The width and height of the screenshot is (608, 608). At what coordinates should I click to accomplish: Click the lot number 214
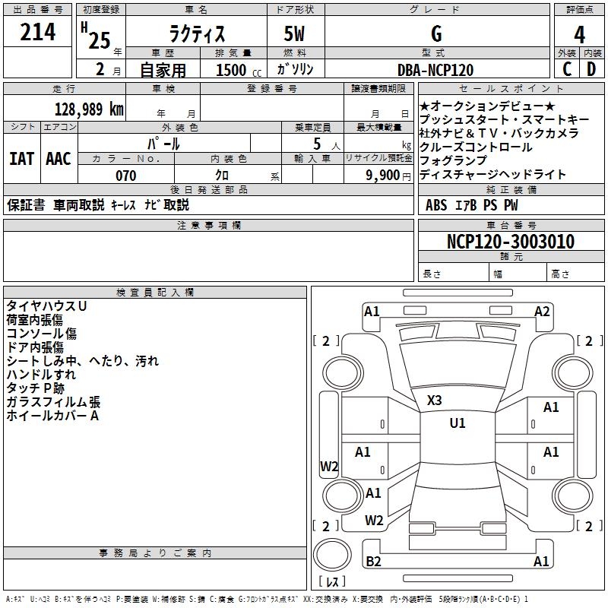37,33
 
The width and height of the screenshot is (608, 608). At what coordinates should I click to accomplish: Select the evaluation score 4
579,34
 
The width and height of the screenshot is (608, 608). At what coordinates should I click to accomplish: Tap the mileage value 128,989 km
89,109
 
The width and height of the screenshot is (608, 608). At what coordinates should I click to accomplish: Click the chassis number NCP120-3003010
510,242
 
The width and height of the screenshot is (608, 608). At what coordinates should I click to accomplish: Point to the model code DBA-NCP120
435,70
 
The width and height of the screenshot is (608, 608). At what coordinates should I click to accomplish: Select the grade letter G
436,34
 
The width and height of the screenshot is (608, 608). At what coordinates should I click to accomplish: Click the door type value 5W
296,34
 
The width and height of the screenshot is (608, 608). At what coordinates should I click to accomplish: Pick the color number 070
125,176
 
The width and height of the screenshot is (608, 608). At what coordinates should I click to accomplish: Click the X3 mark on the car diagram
434,401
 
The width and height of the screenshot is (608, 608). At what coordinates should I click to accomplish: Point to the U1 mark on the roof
457,423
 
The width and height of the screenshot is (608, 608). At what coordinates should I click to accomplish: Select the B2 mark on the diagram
373,562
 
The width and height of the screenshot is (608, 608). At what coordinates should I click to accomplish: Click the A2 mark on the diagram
542,311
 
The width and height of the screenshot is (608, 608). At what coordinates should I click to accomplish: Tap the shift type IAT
21,159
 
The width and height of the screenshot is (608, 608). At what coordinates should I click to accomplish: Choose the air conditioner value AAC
59,159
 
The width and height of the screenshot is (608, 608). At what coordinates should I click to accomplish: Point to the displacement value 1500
231,70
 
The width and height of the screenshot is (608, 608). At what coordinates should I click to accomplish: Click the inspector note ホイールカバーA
52,416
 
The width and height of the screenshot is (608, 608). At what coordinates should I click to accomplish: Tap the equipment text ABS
436,205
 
